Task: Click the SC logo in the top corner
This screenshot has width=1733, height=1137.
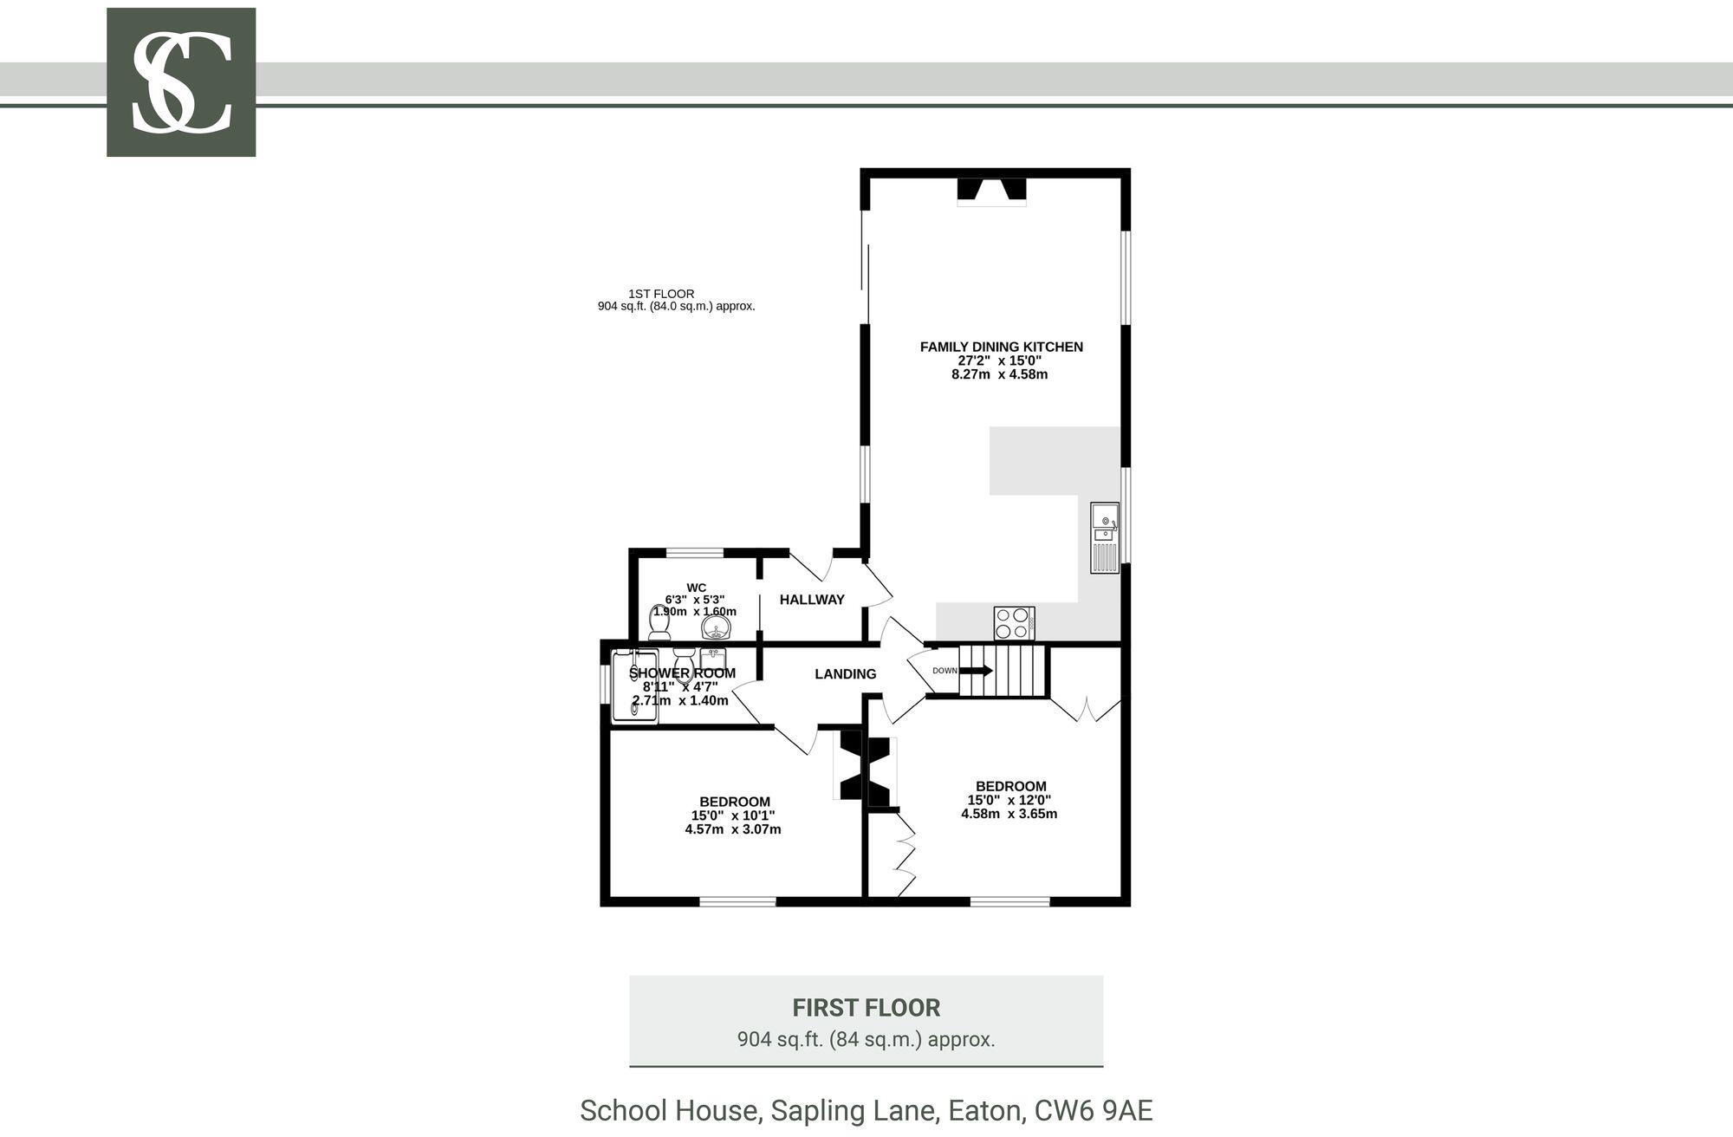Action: click(x=181, y=82)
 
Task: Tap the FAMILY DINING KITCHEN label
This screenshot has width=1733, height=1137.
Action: click(x=1001, y=347)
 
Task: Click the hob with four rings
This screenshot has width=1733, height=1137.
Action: click(x=1014, y=622)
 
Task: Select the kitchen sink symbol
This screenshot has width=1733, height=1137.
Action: click(x=1105, y=536)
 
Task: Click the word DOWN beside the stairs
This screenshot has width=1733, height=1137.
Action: click(x=944, y=671)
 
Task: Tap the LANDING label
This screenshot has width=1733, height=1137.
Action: click(x=845, y=674)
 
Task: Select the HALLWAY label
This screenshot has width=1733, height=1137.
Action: click(x=812, y=600)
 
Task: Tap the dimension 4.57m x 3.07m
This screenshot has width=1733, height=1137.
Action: click(x=733, y=829)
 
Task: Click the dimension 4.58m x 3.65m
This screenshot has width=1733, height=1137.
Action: click(x=1009, y=814)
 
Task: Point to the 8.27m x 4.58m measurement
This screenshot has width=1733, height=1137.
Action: click(x=999, y=374)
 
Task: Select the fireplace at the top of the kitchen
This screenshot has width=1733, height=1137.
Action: click(x=991, y=191)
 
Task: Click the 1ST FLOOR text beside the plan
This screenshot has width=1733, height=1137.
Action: click(x=661, y=294)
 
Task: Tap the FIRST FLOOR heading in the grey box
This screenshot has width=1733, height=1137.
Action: click(x=866, y=1008)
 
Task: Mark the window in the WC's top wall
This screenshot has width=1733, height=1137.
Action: click(x=694, y=552)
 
